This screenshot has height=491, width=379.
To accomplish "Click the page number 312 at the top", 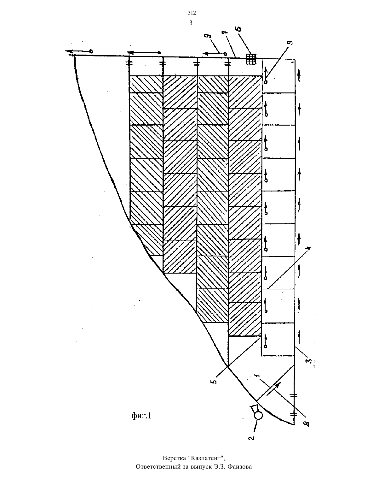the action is coord(192,13).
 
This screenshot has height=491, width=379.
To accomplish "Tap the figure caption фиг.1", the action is coord(141,415).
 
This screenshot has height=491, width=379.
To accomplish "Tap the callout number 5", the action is coord(215,381).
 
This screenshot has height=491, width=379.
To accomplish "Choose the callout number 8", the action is coord(307,423).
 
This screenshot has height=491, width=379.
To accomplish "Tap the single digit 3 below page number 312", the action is coord(191,23).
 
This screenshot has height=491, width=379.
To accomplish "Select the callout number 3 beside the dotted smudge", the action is coord(310,361).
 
